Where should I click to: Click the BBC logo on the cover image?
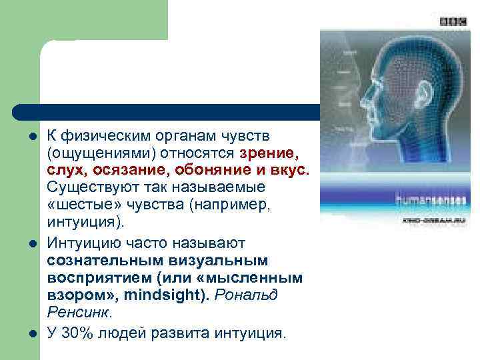tap(453, 21)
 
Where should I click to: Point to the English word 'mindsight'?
tap(173, 293)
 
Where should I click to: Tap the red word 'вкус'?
tap(290, 170)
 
